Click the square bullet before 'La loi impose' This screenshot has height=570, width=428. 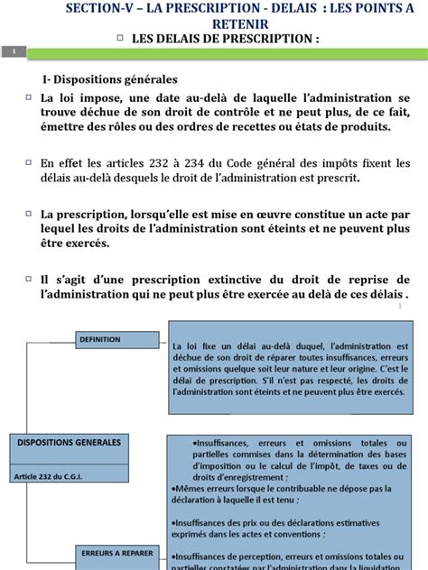pyautogui.click(x=30, y=97)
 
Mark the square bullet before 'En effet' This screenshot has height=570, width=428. pyautogui.click(x=30, y=163)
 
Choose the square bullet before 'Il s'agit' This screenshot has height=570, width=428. pyautogui.click(x=30, y=280)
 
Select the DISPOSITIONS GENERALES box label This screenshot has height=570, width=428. pyautogui.click(x=69, y=442)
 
